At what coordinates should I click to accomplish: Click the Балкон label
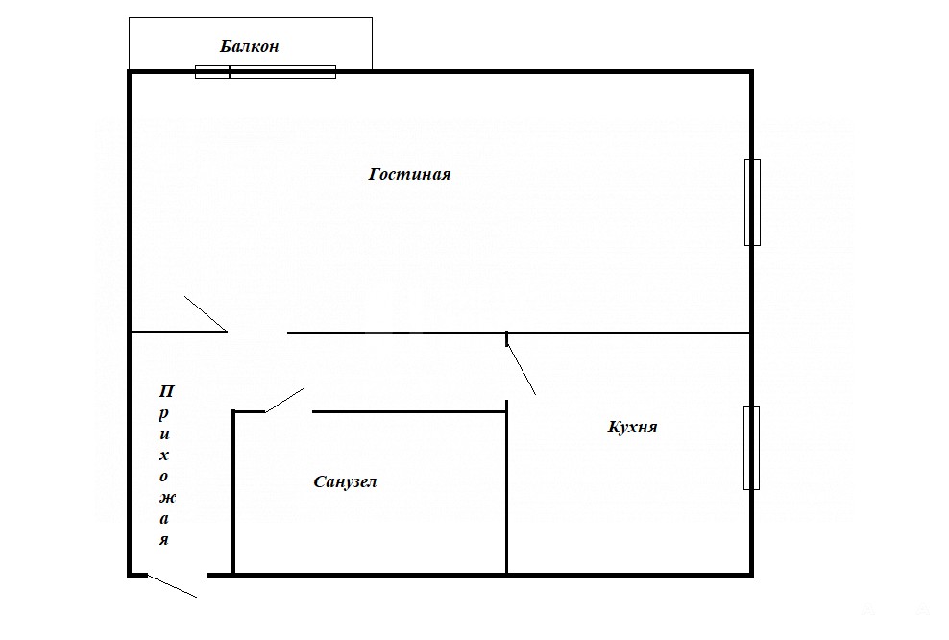pos(249,47)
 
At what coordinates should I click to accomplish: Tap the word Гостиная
pos(410,174)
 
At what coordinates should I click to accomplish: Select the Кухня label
pos(632,427)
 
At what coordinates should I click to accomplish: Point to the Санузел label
pos(345,482)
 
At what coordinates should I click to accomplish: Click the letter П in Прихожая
pos(166,391)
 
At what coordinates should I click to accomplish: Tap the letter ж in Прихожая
pos(167,498)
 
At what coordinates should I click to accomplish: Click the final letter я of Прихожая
pos(164,539)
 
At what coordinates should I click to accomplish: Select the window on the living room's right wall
pos(752,202)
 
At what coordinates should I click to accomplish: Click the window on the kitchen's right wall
pos(752,448)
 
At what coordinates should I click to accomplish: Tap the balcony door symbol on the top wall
pos(265,72)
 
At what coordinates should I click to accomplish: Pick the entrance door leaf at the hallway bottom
pos(172,586)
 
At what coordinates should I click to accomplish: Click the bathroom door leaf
pos(284,400)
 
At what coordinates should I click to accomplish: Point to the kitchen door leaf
pos(522,369)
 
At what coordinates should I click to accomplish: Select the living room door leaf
pos(206,313)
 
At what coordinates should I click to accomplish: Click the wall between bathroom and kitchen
pos(506,487)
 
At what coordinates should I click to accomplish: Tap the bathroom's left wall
pos(233,492)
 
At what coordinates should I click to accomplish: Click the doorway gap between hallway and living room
pos(257,332)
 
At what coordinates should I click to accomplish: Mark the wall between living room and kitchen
pos(629,333)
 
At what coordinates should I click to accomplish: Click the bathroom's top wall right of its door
pos(409,411)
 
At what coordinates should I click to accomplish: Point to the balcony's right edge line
pos(373,43)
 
